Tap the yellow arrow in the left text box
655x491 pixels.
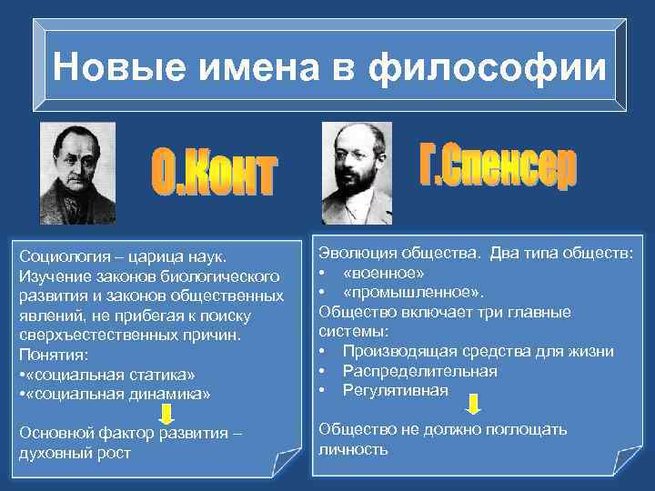[x=167, y=416]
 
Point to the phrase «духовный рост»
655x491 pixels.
[x=75, y=452]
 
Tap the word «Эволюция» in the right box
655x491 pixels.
[x=354, y=253]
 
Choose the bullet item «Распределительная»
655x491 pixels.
[x=419, y=371]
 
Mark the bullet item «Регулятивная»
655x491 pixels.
[x=395, y=390]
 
